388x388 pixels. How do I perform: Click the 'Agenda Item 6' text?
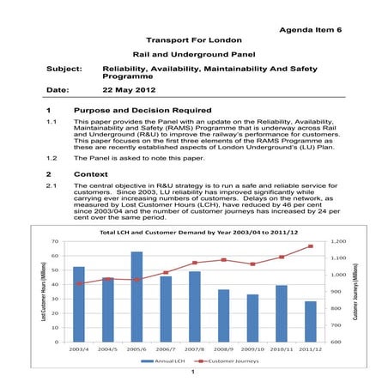pyautogui.click(x=311, y=30)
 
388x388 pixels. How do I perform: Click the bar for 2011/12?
pyautogui.click(x=310, y=321)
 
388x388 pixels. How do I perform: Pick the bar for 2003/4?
pyautogui.click(x=79, y=304)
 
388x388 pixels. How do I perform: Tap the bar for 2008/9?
pyautogui.click(x=223, y=315)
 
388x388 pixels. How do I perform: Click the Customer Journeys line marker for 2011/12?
pyautogui.click(x=310, y=246)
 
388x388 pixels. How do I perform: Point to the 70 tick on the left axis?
pyautogui.click(x=54, y=241)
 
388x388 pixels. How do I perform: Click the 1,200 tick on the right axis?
pyautogui.click(x=336, y=241)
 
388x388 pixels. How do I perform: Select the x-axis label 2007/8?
pyautogui.click(x=194, y=349)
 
